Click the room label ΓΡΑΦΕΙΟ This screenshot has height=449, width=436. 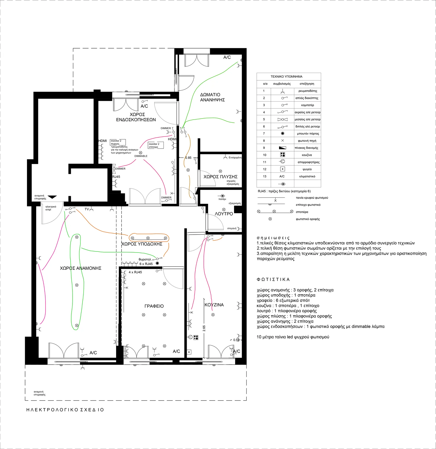[154, 306]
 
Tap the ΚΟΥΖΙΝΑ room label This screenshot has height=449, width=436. [214, 305]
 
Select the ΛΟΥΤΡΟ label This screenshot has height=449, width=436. [224, 214]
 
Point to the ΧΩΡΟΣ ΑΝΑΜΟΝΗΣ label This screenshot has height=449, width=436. [81, 268]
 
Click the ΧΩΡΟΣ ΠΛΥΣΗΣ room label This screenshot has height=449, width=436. [220, 177]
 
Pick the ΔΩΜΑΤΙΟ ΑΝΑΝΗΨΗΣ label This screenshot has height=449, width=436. [213, 97]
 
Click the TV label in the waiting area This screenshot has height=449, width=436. [87, 209]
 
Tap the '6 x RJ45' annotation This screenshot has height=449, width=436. [146, 264]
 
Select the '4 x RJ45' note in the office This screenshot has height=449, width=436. [135, 272]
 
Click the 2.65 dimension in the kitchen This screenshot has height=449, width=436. [204, 328]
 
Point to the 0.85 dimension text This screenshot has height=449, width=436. [188, 158]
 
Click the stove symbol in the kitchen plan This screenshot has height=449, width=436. [196, 338]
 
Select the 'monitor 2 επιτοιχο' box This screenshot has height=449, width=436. [156, 145]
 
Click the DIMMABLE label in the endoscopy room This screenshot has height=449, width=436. [141, 156]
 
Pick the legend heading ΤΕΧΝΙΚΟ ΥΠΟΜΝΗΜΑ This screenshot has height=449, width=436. [286, 77]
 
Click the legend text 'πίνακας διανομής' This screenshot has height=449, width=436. [306, 148]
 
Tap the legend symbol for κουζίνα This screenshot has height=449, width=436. [283, 155]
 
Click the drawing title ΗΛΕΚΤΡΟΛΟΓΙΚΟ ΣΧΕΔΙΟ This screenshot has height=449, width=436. [65, 410]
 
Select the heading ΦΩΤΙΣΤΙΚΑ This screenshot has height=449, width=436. [273, 280]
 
